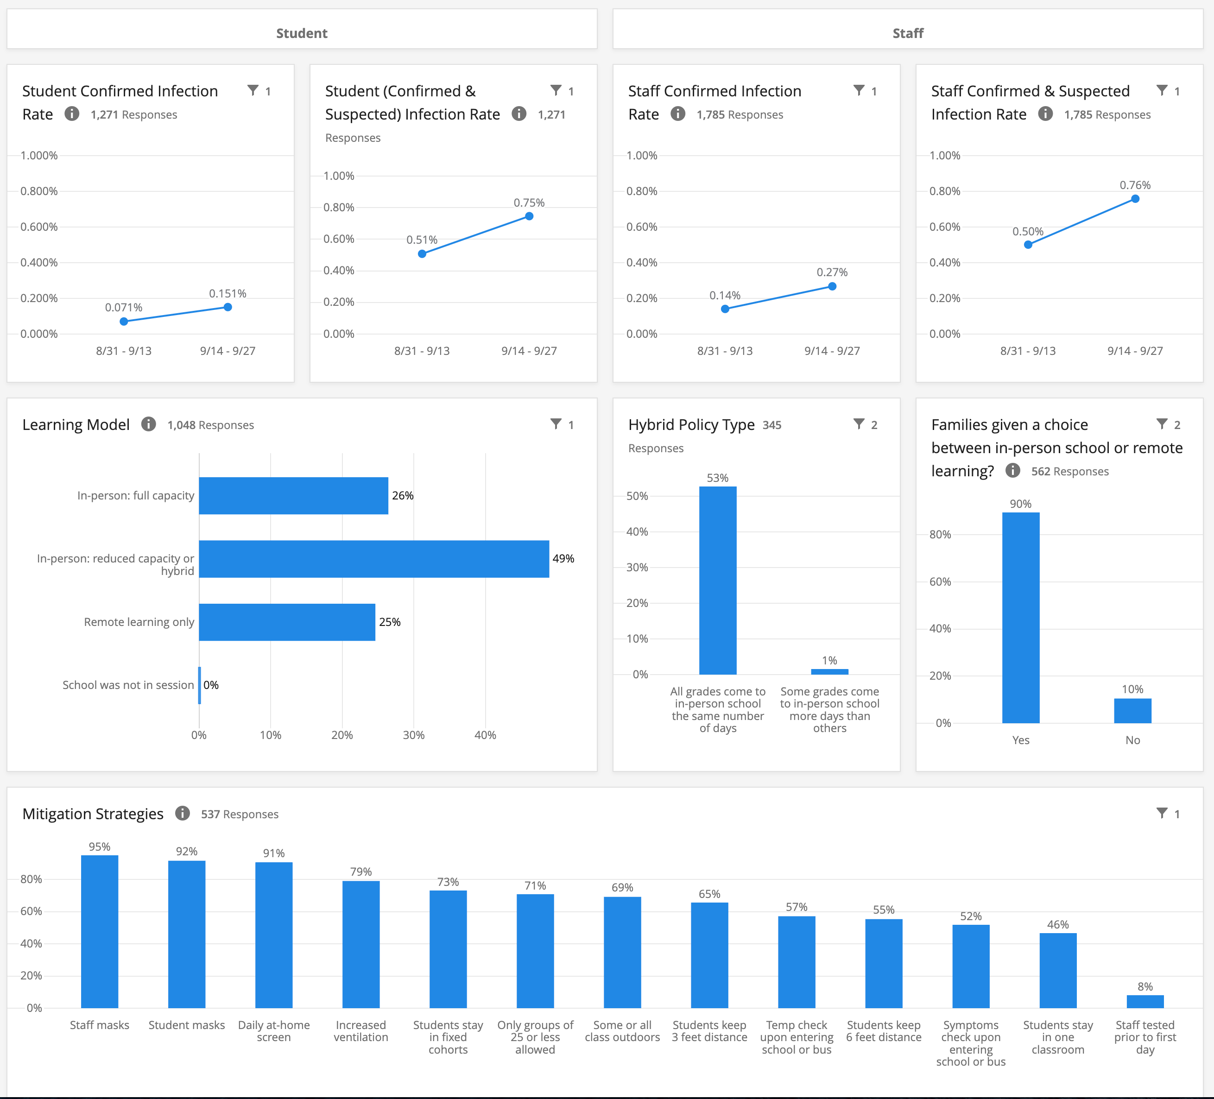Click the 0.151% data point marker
coord(228,307)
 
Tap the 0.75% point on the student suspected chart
coord(529,216)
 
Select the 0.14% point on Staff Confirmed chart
coord(725,309)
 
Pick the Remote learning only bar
coord(287,622)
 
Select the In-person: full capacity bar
coord(293,496)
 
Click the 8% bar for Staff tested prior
coord(1145,1001)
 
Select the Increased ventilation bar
coord(360,944)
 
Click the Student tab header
coord(302,33)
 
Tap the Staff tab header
coord(908,33)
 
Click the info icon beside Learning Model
coord(148,424)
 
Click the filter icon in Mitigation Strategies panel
coord(1162,813)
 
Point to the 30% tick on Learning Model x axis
coord(414,735)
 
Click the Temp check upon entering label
coord(796,1036)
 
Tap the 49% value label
coord(563,558)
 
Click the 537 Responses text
coord(240,814)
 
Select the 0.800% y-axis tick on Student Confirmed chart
coord(39,191)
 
